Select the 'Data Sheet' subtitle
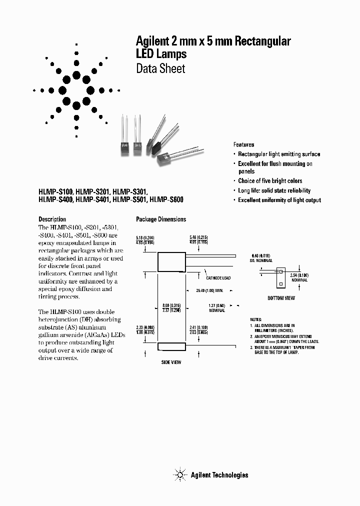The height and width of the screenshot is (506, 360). click(x=160, y=68)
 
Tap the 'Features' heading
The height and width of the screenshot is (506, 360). click(x=243, y=144)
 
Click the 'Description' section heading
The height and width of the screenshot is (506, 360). click(x=52, y=219)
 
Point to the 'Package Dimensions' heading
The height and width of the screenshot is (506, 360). click(x=161, y=219)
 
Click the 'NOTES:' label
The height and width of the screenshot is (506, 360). click(x=256, y=319)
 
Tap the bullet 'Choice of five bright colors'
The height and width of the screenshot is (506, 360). click(x=270, y=180)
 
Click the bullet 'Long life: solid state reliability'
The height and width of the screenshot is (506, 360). click(x=274, y=190)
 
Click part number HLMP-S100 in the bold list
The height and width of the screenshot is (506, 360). click(x=56, y=191)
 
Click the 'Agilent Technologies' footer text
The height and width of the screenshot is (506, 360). click(x=219, y=475)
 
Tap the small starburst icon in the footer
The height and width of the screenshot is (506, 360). click(x=179, y=474)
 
